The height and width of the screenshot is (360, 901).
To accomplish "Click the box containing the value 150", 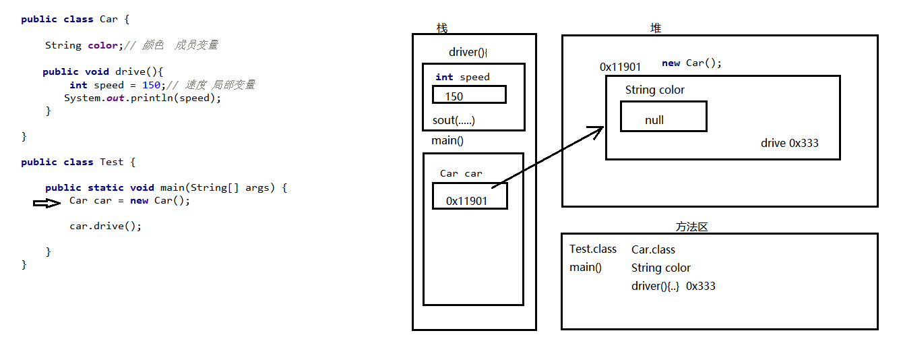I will [469, 94].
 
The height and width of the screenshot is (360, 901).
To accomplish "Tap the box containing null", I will [663, 117].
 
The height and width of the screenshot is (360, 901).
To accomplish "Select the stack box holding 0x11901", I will [470, 196].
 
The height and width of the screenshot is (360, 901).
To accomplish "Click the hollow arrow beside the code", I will [47, 203].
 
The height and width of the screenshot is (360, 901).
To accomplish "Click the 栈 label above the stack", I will [442, 28].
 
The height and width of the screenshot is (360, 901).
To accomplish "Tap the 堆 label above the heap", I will [656, 28].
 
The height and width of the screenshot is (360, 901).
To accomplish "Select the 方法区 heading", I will [691, 227].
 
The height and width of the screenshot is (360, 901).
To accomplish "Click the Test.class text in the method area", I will [593, 249].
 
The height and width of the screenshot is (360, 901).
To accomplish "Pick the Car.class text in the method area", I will [653, 250].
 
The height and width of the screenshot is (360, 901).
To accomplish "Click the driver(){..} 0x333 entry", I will [673, 286].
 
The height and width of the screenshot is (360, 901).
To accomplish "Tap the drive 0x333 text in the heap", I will [790, 143].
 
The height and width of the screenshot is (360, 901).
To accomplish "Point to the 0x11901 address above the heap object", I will [620, 67].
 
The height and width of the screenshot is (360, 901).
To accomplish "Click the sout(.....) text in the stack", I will [454, 121].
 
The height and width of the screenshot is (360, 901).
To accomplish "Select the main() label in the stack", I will [447, 141].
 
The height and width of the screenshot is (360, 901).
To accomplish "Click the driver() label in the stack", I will [468, 53].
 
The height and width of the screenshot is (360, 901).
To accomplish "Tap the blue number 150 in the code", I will [152, 85].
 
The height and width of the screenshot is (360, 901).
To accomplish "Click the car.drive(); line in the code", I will [106, 226].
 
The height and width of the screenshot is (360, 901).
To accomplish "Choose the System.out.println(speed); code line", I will [142, 98].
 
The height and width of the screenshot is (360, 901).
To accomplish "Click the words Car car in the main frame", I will [461, 173].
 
